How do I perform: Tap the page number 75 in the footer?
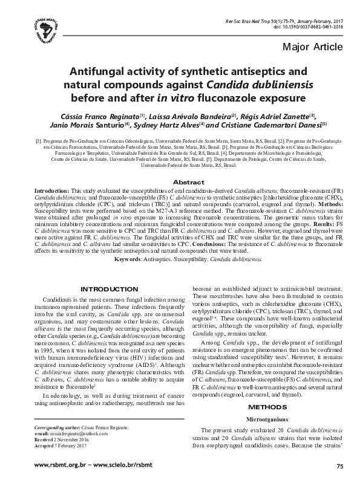pyautogui.click(x=339, y=466)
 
